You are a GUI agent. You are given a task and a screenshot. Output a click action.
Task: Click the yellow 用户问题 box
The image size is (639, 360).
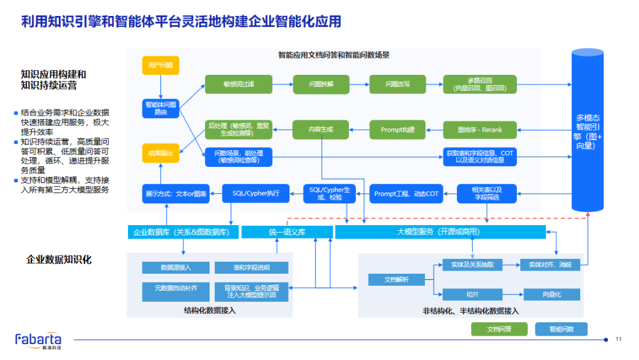point(160,65)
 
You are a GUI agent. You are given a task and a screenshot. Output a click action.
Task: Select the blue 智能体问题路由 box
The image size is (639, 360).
point(160,108)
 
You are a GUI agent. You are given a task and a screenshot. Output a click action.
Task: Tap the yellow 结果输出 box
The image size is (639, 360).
point(160,153)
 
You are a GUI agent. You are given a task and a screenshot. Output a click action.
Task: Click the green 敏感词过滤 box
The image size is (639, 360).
point(238,84)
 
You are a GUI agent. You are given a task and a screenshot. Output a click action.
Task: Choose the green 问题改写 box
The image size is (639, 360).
point(397,84)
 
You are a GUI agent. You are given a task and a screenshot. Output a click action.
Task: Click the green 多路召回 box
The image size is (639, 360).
point(479,84)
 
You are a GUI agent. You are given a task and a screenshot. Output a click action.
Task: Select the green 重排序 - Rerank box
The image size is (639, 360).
point(479,130)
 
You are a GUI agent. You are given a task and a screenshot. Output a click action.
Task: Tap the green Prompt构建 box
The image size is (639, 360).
point(397,130)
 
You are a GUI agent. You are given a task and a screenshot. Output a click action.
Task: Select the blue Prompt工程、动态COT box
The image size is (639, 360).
point(406,193)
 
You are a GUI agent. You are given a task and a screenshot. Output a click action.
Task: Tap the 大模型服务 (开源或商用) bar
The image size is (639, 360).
point(440,231)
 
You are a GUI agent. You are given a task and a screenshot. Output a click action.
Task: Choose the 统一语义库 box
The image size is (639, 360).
point(287,231)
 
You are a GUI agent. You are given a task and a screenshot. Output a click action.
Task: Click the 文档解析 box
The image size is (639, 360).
point(396,279)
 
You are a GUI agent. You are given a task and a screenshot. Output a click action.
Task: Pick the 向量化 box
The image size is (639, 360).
point(551,295)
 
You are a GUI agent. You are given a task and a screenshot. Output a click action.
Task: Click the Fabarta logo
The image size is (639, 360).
point(38,340)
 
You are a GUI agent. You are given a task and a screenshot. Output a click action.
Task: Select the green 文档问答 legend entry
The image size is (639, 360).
point(499,329)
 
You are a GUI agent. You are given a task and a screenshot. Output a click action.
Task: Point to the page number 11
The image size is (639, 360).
point(618,339)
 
